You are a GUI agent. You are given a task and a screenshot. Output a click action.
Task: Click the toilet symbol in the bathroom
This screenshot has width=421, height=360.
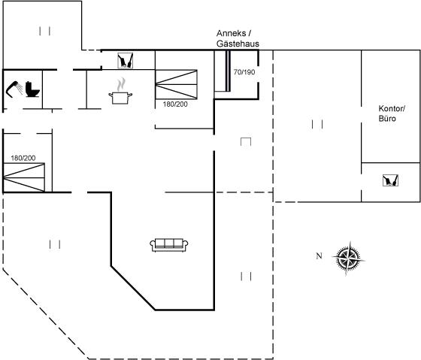32,89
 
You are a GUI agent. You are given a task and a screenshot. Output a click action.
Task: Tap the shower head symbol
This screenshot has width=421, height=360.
14,89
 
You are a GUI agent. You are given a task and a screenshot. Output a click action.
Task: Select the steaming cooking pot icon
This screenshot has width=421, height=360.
120,91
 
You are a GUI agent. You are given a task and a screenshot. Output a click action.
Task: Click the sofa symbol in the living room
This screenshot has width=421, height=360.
169,245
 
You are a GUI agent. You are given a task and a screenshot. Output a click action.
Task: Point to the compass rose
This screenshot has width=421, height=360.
348,259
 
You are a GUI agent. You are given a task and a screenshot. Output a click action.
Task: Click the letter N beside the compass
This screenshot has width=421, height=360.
319,256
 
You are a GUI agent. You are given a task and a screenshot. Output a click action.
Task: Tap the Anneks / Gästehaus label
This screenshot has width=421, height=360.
238,38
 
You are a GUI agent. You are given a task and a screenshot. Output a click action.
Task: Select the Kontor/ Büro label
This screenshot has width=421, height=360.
391,113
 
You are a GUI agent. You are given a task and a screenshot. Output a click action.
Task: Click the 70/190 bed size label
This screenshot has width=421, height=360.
244,72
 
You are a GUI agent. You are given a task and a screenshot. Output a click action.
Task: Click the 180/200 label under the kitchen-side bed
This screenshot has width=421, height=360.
175,104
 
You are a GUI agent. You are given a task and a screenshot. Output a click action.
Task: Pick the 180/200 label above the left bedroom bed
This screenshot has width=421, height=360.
23,158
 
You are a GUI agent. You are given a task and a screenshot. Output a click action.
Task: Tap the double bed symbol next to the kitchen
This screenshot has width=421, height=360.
176,85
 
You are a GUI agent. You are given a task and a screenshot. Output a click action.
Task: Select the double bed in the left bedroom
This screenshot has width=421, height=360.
23,177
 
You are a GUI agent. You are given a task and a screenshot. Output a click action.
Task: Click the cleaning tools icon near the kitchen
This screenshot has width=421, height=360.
126,60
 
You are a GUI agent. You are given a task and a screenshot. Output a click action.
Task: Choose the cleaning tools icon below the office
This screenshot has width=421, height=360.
390,180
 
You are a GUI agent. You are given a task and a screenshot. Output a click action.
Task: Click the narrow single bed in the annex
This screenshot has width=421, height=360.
223,71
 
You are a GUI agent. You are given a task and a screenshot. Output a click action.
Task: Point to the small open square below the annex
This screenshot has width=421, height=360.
246,142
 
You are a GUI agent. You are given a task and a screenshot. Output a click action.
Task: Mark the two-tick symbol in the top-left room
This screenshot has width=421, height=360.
44,31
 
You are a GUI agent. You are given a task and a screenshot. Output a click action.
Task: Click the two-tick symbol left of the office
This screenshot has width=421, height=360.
317,124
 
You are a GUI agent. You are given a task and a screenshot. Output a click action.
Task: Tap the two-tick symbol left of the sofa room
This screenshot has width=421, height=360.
55,244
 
